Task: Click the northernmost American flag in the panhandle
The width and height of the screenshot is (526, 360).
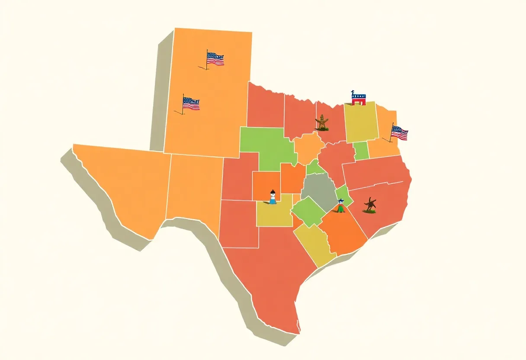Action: click(215, 58)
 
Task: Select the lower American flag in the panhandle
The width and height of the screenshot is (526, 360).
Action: click(190, 104)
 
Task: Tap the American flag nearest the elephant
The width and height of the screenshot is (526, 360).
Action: click(399, 133)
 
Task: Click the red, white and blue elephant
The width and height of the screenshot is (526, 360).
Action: click(358, 98)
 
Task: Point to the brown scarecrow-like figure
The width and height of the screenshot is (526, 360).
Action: click(322, 122)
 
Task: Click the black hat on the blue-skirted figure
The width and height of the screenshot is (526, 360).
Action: click(273, 191)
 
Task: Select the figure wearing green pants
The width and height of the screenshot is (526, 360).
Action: click(341, 206)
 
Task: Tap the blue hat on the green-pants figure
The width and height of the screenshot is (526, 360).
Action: click(341, 200)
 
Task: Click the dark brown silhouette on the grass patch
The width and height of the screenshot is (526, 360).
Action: click(370, 205)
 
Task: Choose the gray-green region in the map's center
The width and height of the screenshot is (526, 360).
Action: click(319, 191)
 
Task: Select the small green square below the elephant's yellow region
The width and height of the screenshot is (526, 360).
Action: click(361, 151)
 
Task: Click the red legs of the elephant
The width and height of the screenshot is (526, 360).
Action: click(358, 103)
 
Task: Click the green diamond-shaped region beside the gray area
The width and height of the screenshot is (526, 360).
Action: click(308, 211)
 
